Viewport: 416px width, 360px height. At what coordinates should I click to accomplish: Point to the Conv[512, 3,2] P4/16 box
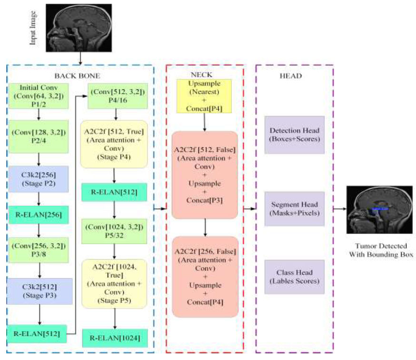click(114, 97)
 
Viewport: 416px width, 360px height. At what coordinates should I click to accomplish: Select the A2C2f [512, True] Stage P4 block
click(114, 144)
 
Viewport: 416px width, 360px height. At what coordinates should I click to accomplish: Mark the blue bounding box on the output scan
click(380, 208)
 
